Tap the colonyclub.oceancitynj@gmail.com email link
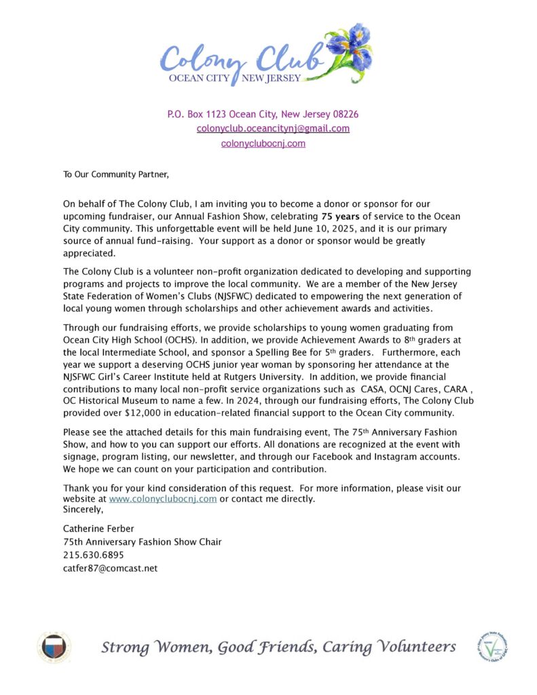coord(273,128)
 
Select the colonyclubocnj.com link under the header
coord(263,143)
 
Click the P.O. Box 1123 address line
coord(263,114)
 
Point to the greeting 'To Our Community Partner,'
coord(115,174)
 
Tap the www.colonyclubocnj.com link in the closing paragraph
coord(162,499)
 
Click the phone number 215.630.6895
coord(94,555)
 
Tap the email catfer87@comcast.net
coord(110,568)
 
